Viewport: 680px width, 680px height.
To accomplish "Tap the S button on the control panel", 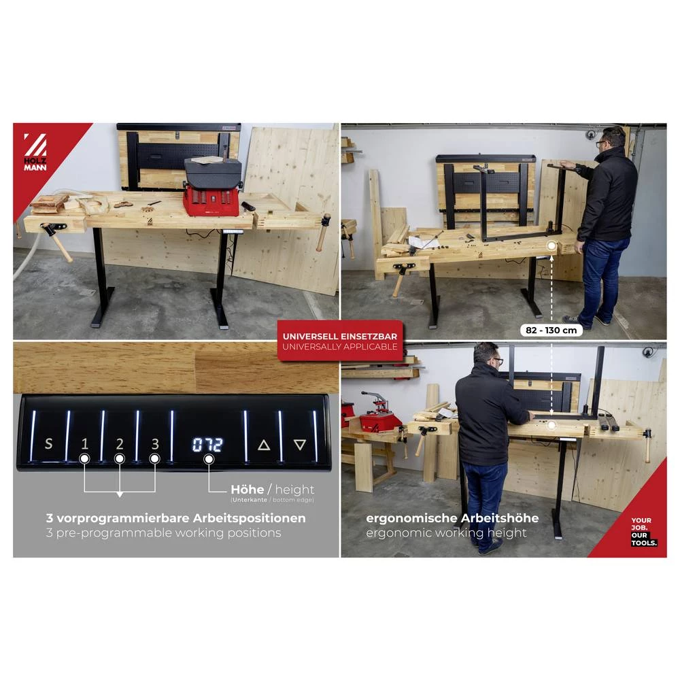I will click(x=48, y=445).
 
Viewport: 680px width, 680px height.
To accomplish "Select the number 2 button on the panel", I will click(x=120, y=445).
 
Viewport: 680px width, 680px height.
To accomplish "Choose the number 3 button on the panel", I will click(x=155, y=445).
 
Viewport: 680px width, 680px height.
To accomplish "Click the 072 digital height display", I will click(x=207, y=445).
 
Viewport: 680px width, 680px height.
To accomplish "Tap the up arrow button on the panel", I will click(x=264, y=445).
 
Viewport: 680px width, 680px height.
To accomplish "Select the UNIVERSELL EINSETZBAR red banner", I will click(x=341, y=341).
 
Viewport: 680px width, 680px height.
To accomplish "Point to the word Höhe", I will click(x=248, y=490).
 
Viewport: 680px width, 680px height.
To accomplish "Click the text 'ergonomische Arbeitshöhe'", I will click(x=452, y=518).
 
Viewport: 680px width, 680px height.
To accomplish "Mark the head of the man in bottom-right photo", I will click(x=488, y=356).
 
